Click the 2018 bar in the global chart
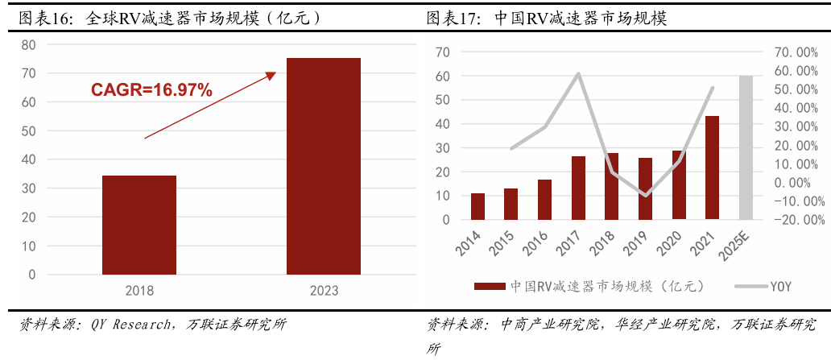(139, 225)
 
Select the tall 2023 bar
(324, 166)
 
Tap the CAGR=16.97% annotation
(151, 90)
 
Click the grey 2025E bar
(746, 147)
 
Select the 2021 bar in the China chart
(712, 168)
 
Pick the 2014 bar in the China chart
(478, 206)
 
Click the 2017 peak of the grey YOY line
(578, 74)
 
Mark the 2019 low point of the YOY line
(646, 195)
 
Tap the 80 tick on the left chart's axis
(29, 45)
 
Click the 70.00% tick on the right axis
(795, 52)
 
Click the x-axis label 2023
(324, 290)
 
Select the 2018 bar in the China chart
(612, 186)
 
